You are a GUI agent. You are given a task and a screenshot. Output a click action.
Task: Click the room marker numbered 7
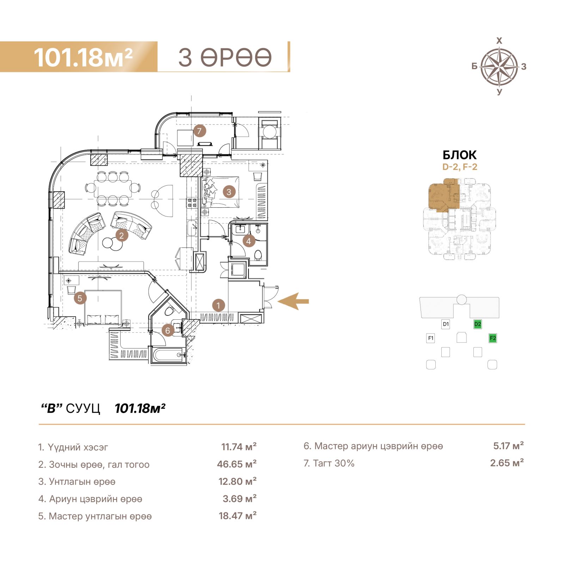click(x=200, y=131)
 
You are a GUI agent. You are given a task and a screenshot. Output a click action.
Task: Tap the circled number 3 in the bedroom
click(x=229, y=192)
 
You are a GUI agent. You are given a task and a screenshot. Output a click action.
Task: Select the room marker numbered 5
click(x=80, y=298)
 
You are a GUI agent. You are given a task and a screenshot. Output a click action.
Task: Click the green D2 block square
click(x=478, y=324)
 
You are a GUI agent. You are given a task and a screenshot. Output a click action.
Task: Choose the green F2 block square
click(x=493, y=338)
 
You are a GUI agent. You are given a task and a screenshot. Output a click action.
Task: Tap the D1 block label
click(x=446, y=324)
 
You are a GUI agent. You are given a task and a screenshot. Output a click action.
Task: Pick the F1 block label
click(x=431, y=338)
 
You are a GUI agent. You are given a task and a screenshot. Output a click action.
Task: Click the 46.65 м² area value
click(x=237, y=464)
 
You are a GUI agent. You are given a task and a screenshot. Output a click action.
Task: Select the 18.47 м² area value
click(x=238, y=516)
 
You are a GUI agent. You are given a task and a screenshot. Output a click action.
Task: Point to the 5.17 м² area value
click(x=508, y=446)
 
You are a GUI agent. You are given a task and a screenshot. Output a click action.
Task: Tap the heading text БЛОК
click(x=460, y=155)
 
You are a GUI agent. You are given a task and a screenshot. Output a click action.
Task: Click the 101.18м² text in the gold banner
click(x=83, y=57)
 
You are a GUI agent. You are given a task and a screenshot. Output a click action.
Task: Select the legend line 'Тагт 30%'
click(x=329, y=463)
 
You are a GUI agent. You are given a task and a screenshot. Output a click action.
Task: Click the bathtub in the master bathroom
click(x=168, y=355)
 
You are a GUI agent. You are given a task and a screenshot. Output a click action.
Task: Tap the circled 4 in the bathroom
click(x=249, y=241)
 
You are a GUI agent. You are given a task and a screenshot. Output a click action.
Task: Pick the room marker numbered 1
click(x=219, y=305)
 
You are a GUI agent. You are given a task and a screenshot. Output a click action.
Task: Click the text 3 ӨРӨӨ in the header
click(x=225, y=57)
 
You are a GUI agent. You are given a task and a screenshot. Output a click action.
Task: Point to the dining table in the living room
click(x=113, y=188)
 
